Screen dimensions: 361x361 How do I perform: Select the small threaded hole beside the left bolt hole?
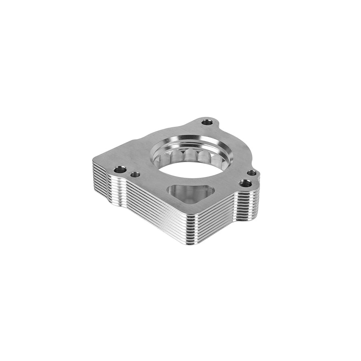click(136, 174)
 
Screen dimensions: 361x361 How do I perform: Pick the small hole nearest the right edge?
click(251, 173)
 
